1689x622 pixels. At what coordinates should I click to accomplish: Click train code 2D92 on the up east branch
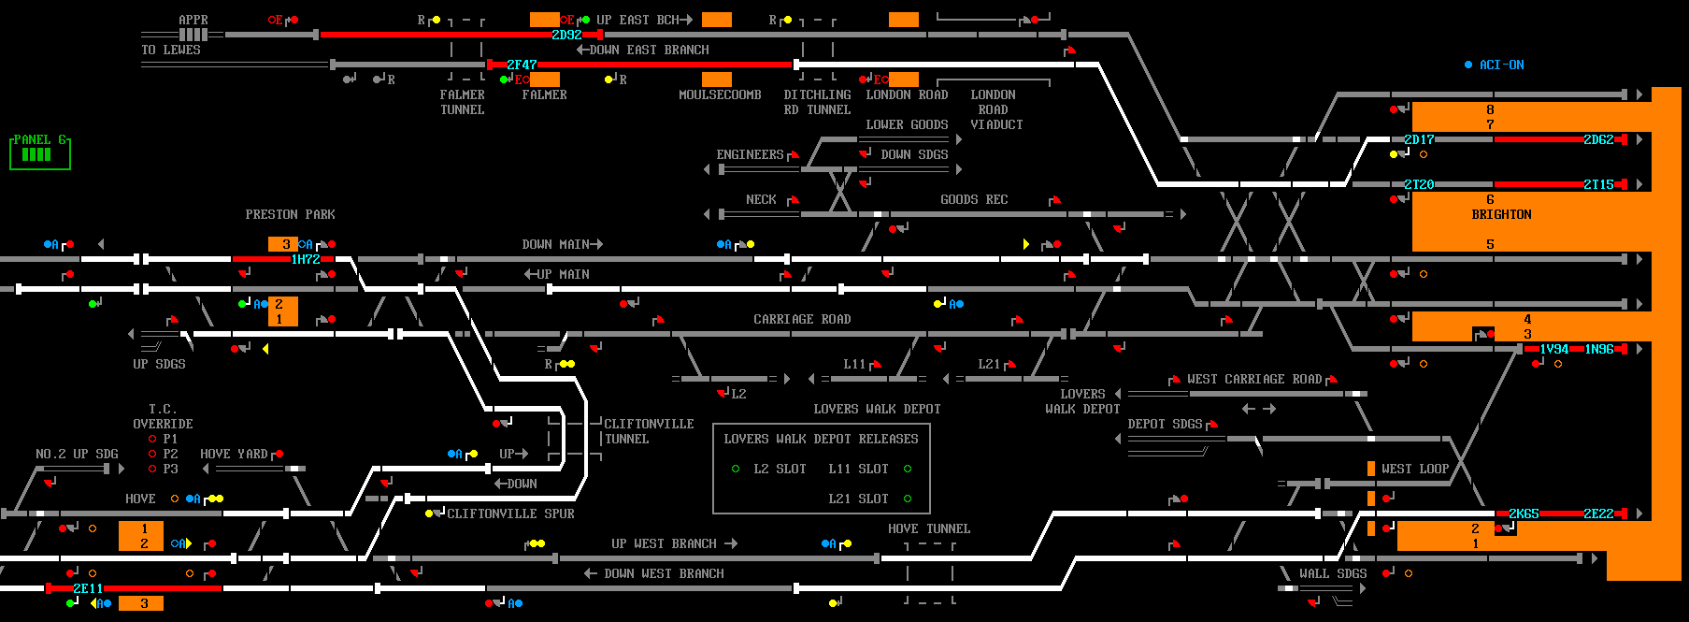[566, 35]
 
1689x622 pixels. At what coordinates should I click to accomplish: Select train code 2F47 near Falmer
[522, 65]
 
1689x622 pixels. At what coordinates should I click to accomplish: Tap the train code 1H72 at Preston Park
[306, 259]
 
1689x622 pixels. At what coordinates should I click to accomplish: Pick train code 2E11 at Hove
[88, 588]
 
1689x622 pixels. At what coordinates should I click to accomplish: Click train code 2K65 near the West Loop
[1524, 514]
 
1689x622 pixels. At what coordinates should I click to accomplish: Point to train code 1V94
[1554, 349]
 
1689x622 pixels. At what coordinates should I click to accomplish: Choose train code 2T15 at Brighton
[1598, 184]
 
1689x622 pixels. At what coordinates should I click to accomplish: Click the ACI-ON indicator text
[1501, 65]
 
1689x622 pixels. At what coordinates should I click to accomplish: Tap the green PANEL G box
[40, 152]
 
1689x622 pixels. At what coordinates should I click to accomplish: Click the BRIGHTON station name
[1501, 214]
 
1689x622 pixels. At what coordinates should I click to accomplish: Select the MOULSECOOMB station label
[720, 94]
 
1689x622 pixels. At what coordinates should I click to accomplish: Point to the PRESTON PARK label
[290, 214]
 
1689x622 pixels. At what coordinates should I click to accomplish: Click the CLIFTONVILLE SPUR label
[510, 514]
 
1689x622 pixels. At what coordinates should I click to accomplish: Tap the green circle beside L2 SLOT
[736, 469]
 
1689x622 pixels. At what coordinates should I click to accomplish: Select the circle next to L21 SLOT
[908, 499]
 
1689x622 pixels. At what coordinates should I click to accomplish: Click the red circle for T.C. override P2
[152, 454]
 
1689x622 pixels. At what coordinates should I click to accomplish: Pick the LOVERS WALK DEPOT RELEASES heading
[821, 439]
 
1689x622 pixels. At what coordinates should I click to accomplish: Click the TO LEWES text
[171, 50]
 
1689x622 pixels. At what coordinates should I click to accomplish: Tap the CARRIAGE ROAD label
[802, 319]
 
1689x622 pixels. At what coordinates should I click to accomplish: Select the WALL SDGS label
[1333, 573]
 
